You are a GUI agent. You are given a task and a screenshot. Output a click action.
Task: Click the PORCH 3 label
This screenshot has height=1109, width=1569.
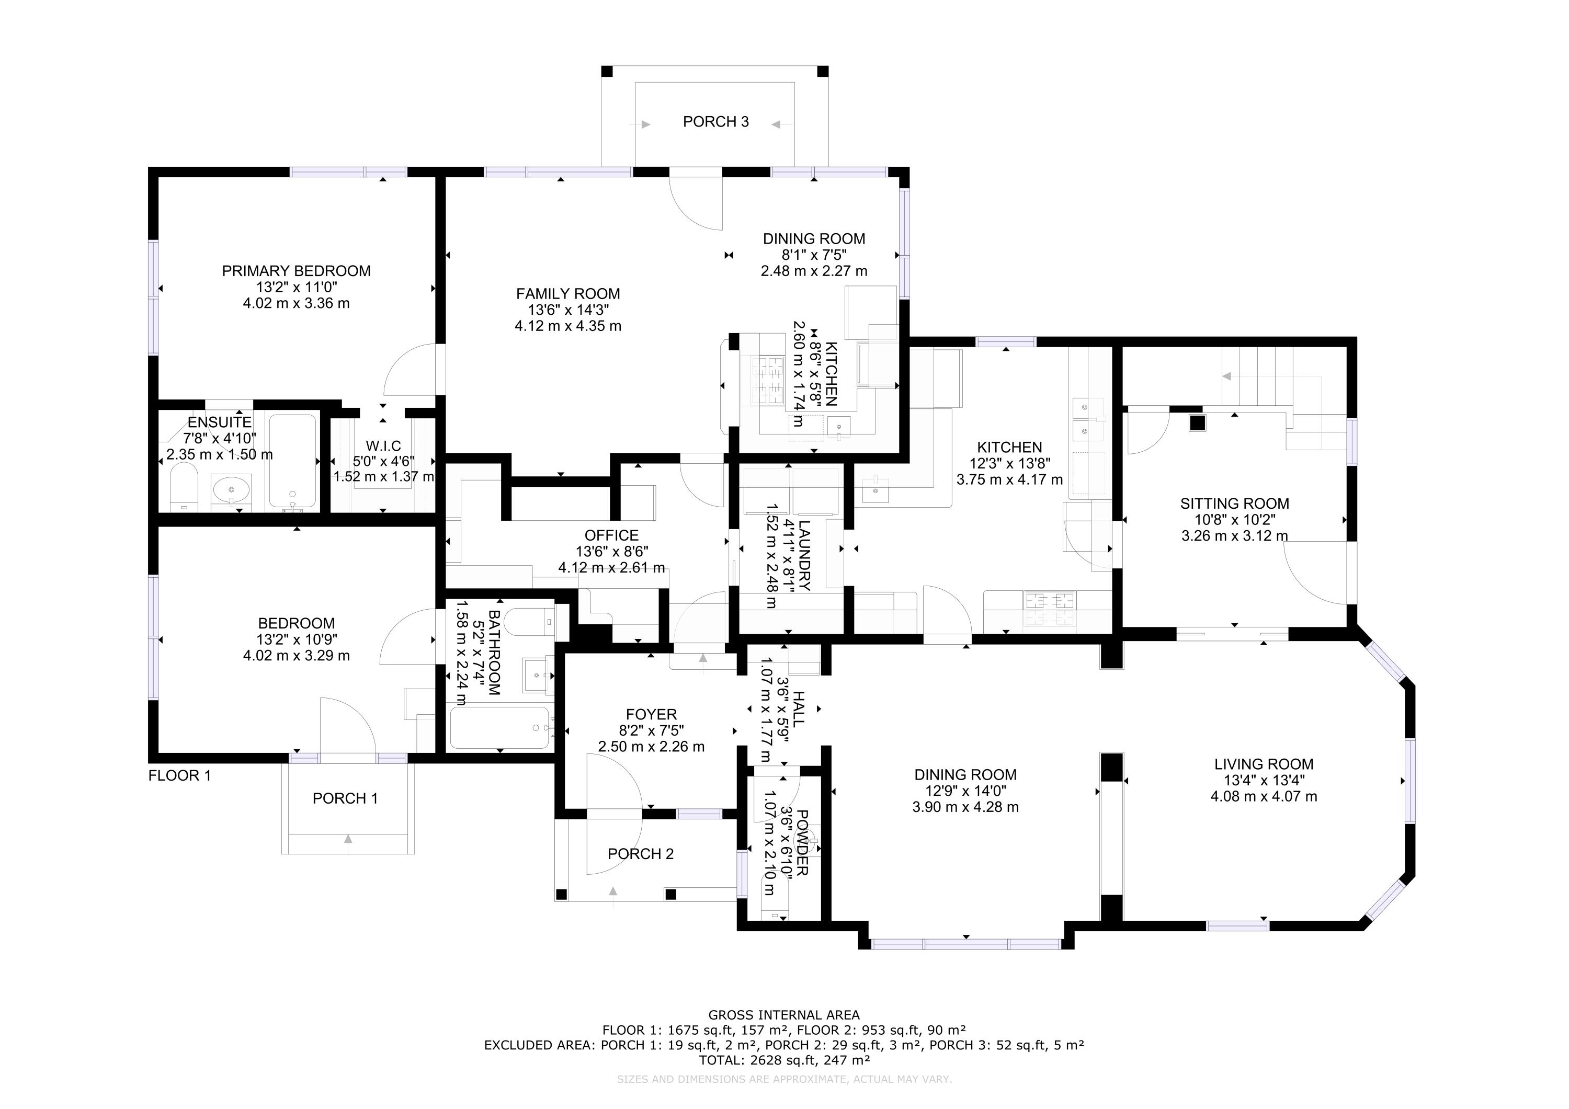click(x=715, y=122)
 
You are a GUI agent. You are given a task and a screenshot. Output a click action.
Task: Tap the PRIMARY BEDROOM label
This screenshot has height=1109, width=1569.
click(x=296, y=271)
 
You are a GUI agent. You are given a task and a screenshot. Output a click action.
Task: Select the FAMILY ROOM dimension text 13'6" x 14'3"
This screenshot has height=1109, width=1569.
click(x=568, y=310)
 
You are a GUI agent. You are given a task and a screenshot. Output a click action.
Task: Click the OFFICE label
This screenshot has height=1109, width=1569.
click(x=611, y=536)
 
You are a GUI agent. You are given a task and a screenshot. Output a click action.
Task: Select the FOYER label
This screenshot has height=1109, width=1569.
click(x=651, y=715)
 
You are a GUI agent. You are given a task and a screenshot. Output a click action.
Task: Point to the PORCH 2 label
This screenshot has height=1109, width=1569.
click(x=641, y=854)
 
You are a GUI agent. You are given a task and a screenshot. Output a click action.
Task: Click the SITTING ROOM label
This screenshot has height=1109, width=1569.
click(x=1235, y=504)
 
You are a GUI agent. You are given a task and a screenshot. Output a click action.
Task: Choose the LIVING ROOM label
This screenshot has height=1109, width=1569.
click(x=1264, y=764)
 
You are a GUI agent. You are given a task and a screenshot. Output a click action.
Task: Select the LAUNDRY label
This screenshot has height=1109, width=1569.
click(x=804, y=555)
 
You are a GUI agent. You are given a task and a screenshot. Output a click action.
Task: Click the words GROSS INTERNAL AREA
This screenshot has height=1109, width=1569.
click(x=784, y=1015)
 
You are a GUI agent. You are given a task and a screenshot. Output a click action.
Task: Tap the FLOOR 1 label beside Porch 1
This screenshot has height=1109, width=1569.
click(x=180, y=775)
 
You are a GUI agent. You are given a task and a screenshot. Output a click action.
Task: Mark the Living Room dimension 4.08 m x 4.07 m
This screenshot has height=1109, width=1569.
click(x=1264, y=796)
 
